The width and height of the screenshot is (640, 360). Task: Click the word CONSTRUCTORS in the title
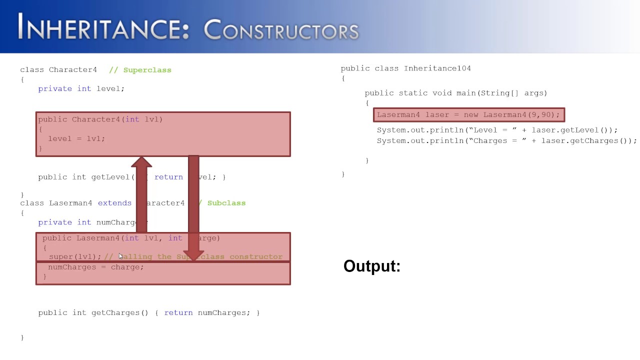[281, 30]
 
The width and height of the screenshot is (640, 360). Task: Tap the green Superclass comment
[147, 70]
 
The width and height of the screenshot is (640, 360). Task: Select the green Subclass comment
[226, 203]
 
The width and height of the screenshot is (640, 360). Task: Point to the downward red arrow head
[193, 255]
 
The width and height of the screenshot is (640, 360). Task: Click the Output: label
[372, 266]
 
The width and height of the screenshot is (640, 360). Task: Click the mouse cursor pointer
[120, 256]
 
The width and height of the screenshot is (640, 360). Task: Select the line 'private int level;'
[81, 88]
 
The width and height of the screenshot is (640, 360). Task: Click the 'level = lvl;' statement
[76, 138]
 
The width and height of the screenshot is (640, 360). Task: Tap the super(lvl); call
[75, 256]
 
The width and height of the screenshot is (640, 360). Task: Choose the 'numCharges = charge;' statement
[95, 267]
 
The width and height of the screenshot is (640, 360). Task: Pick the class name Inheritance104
[437, 68]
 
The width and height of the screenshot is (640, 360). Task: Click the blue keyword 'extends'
[114, 203]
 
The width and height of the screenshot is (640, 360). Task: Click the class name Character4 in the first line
[73, 70]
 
